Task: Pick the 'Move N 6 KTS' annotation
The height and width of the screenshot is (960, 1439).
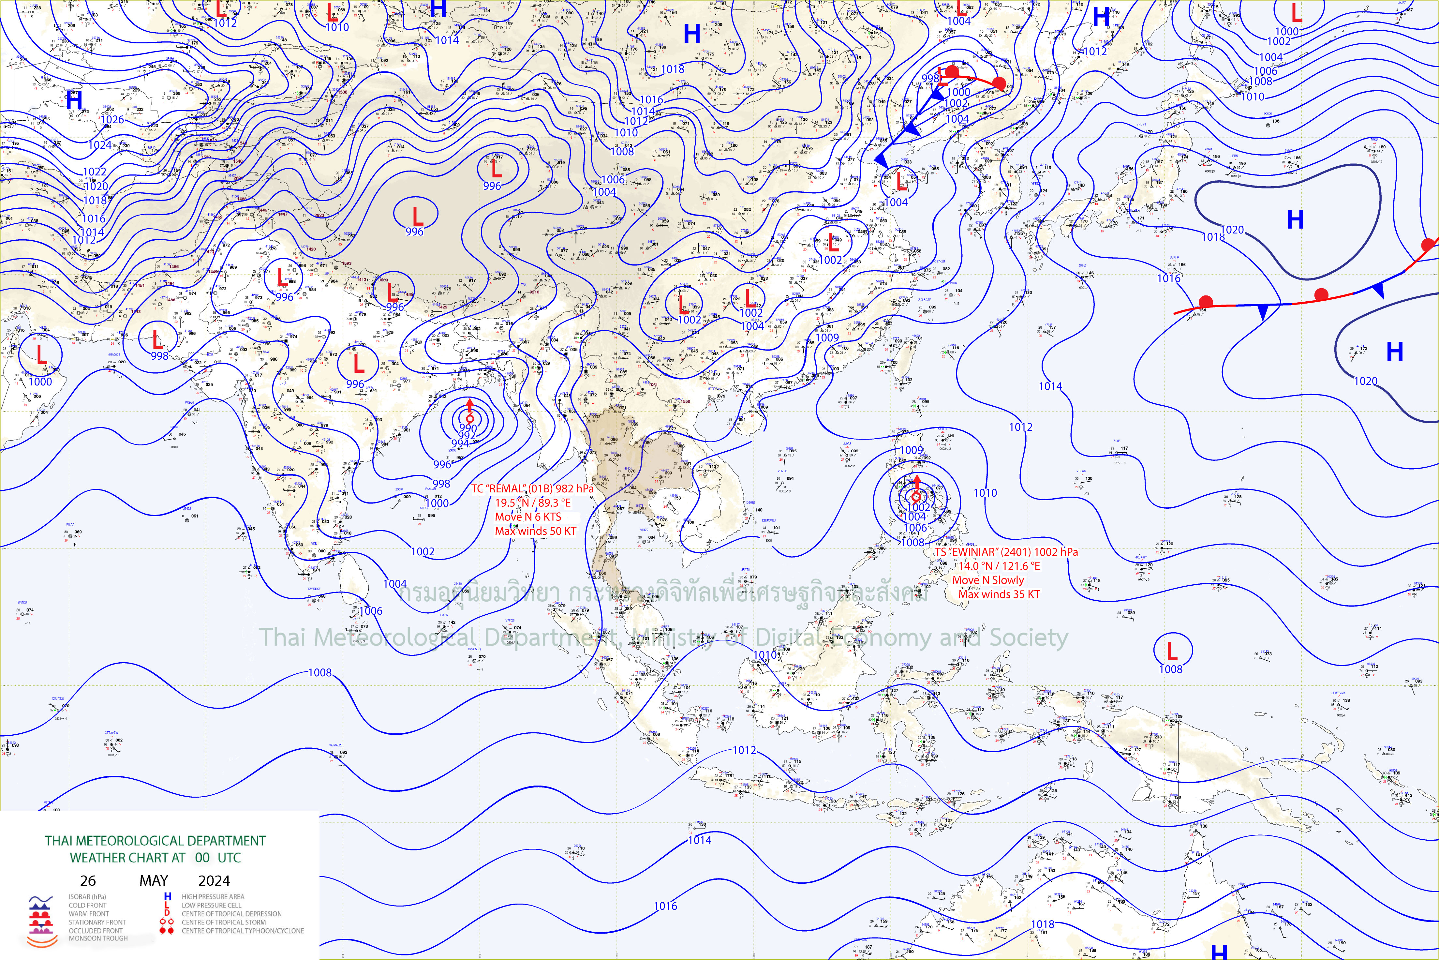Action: point(527,517)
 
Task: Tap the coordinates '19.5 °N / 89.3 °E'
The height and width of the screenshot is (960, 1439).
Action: point(532,502)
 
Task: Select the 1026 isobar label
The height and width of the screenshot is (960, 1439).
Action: point(112,119)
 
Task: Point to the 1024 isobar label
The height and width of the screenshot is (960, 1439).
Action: point(100,145)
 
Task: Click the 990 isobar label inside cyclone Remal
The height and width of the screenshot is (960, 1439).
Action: point(467,428)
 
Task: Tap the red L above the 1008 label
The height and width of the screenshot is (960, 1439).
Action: point(1172,650)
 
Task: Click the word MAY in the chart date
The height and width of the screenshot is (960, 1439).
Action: point(154,880)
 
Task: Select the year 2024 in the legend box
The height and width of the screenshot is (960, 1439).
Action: point(214,880)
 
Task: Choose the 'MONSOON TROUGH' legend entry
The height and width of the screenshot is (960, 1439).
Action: point(98,938)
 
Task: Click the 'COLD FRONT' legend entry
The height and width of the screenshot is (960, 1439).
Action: point(87,905)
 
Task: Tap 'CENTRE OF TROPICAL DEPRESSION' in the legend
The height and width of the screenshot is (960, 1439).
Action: point(231,913)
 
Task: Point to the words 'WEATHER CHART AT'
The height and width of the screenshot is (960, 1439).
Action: point(127,858)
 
